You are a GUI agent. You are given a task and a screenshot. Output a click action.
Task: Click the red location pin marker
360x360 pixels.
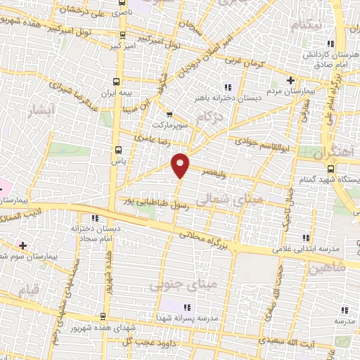[181, 165]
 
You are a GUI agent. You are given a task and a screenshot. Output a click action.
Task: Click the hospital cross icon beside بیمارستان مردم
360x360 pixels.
[290, 81]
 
